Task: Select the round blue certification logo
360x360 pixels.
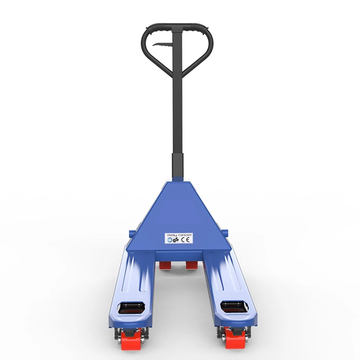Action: pyautogui.click(x=169, y=241)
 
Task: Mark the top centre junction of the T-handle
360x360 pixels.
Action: pyautogui.click(x=177, y=28)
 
